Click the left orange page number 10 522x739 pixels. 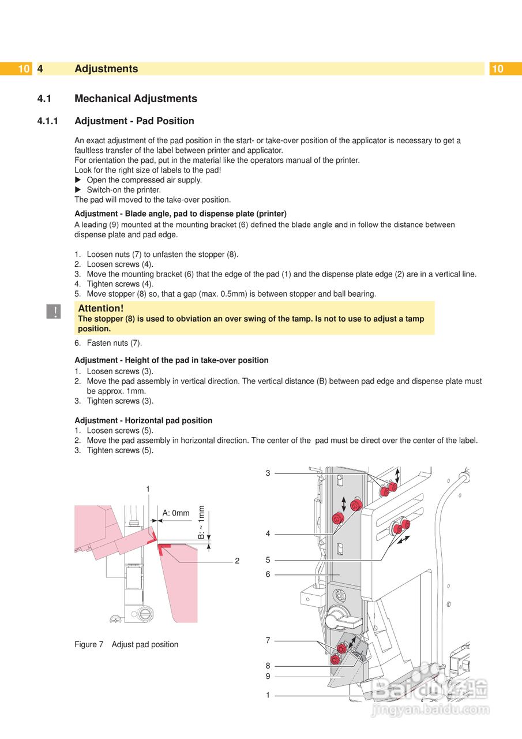[x=23, y=69]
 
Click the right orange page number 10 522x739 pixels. [x=497, y=69]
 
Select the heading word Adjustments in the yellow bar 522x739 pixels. [x=106, y=69]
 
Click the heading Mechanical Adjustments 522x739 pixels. [x=136, y=99]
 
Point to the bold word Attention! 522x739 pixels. [x=100, y=308]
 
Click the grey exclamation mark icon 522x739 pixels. [x=54, y=312]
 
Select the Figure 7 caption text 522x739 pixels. [x=126, y=644]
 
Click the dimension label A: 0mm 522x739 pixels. [x=176, y=513]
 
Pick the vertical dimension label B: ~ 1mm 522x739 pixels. [x=201, y=522]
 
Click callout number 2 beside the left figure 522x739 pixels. [x=236, y=561]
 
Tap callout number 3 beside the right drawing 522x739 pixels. [x=268, y=473]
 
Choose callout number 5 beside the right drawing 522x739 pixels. [x=268, y=560]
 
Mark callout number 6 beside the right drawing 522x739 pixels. [x=268, y=574]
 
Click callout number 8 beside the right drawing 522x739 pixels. [x=268, y=666]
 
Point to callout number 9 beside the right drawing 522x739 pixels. [x=268, y=676]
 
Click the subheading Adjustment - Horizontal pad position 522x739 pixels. [x=143, y=420]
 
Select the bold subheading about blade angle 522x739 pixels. [x=181, y=214]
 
